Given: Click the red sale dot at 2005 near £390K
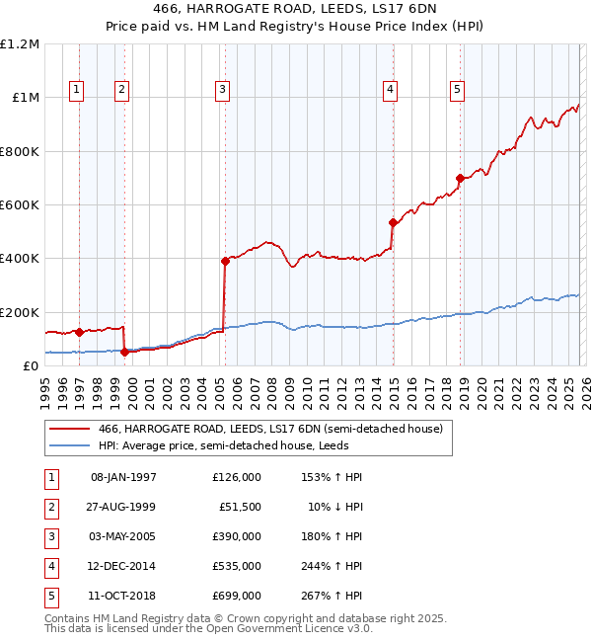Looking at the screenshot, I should (x=225, y=261).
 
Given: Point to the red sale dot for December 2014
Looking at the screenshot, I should (x=393, y=222).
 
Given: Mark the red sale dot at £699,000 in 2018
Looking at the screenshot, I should (x=460, y=179).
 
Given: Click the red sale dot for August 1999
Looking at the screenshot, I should (x=124, y=352).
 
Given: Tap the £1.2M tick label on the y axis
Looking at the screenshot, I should (x=20, y=44).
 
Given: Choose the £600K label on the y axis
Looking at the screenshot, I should (x=20, y=205).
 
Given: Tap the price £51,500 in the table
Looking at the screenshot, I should (x=240, y=507).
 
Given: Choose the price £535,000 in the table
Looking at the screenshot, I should (x=237, y=566).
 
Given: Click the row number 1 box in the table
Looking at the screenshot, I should (x=49, y=477).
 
